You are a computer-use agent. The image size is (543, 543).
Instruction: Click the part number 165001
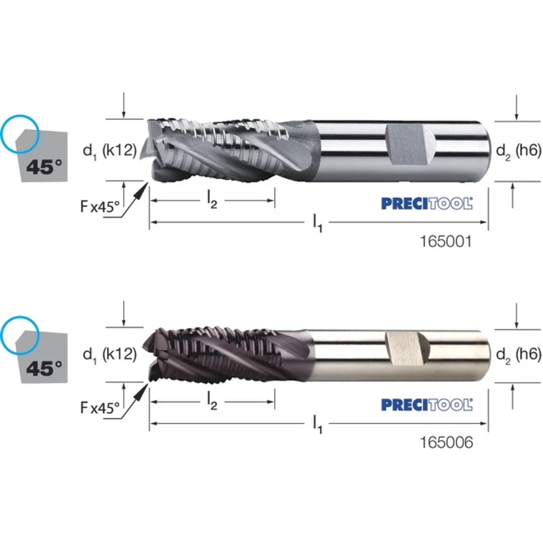click(446, 241)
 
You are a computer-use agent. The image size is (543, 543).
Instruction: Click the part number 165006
click(446, 442)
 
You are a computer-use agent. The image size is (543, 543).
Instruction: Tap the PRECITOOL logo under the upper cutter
click(427, 203)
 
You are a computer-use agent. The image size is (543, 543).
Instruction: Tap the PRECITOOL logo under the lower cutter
click(427, 404)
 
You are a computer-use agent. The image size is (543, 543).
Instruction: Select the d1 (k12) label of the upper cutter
click(110, 151)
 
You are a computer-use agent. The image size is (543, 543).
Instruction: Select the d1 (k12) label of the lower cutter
click(110, 355)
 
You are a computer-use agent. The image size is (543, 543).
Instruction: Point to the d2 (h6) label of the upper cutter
click(518, 151)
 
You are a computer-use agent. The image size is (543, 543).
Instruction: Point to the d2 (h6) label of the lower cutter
click(518, 355)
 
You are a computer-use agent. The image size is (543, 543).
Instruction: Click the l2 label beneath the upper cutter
click(212, 200)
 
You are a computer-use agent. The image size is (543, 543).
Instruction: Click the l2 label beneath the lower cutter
click(212, 401)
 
